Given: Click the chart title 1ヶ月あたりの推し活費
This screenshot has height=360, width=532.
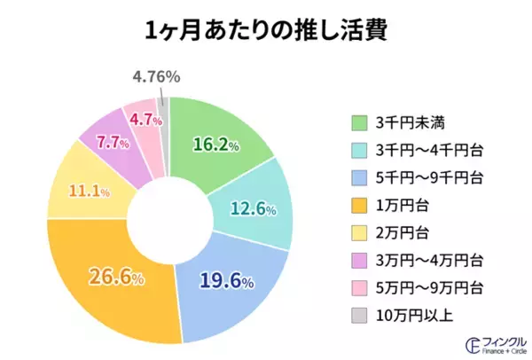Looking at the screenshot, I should tap(265, 30).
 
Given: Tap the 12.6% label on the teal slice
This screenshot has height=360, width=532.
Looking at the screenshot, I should tap(254, 210).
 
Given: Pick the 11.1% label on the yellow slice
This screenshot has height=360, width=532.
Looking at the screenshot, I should tap(90, 192).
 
